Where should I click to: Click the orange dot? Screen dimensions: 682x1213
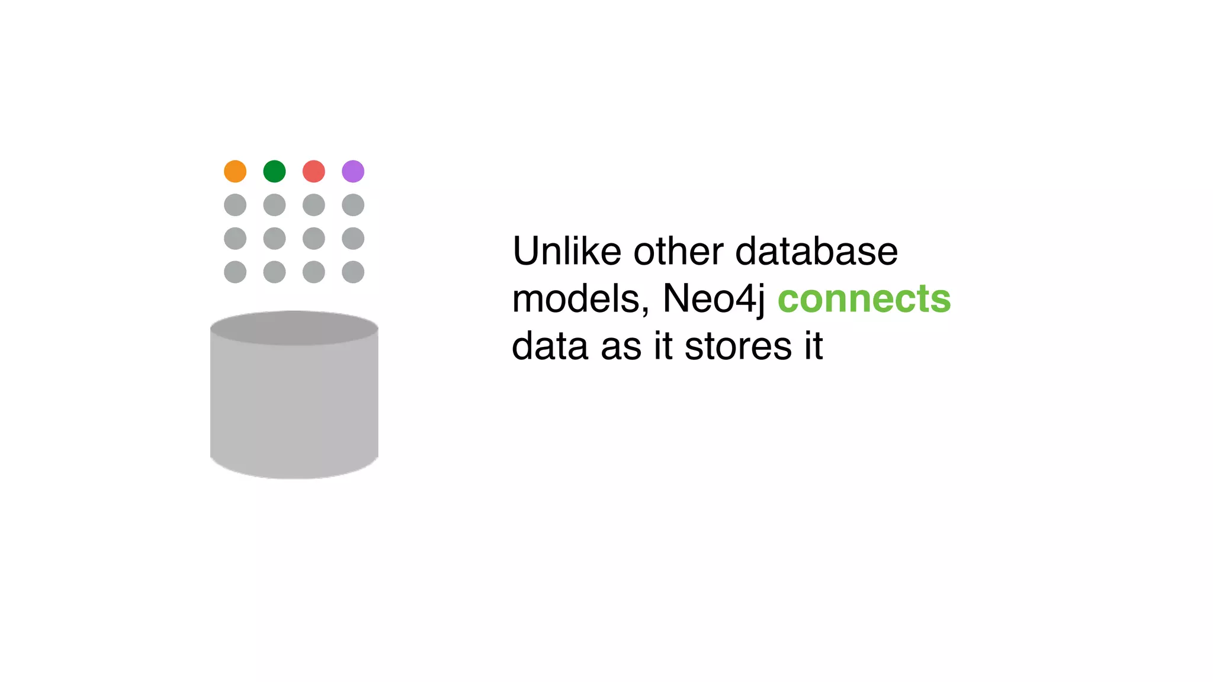(235, 172)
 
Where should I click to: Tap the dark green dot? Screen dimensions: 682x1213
(274, 172)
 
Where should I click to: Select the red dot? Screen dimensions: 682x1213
(314, 172)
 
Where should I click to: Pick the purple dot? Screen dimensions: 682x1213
(353, 172)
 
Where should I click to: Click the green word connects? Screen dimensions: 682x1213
(864, 299)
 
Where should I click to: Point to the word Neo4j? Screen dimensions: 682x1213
(713, 299)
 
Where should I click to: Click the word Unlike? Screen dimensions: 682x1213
(567, 251)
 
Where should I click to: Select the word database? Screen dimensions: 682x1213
(816, 251)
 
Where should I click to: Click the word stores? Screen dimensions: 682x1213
(738, 346)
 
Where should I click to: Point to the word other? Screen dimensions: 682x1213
(678, 251)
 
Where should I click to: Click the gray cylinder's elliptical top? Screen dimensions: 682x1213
(294, 328)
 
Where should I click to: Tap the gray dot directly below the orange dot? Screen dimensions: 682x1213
(235, 205)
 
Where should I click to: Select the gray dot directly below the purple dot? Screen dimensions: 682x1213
(353, 205)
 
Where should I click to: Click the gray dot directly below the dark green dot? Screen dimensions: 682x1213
(274, 205)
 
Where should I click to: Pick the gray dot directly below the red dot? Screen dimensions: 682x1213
(314, 205)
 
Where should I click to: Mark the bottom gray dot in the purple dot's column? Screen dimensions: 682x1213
(353, 272)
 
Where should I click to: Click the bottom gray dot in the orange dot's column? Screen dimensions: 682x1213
(235, 272)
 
